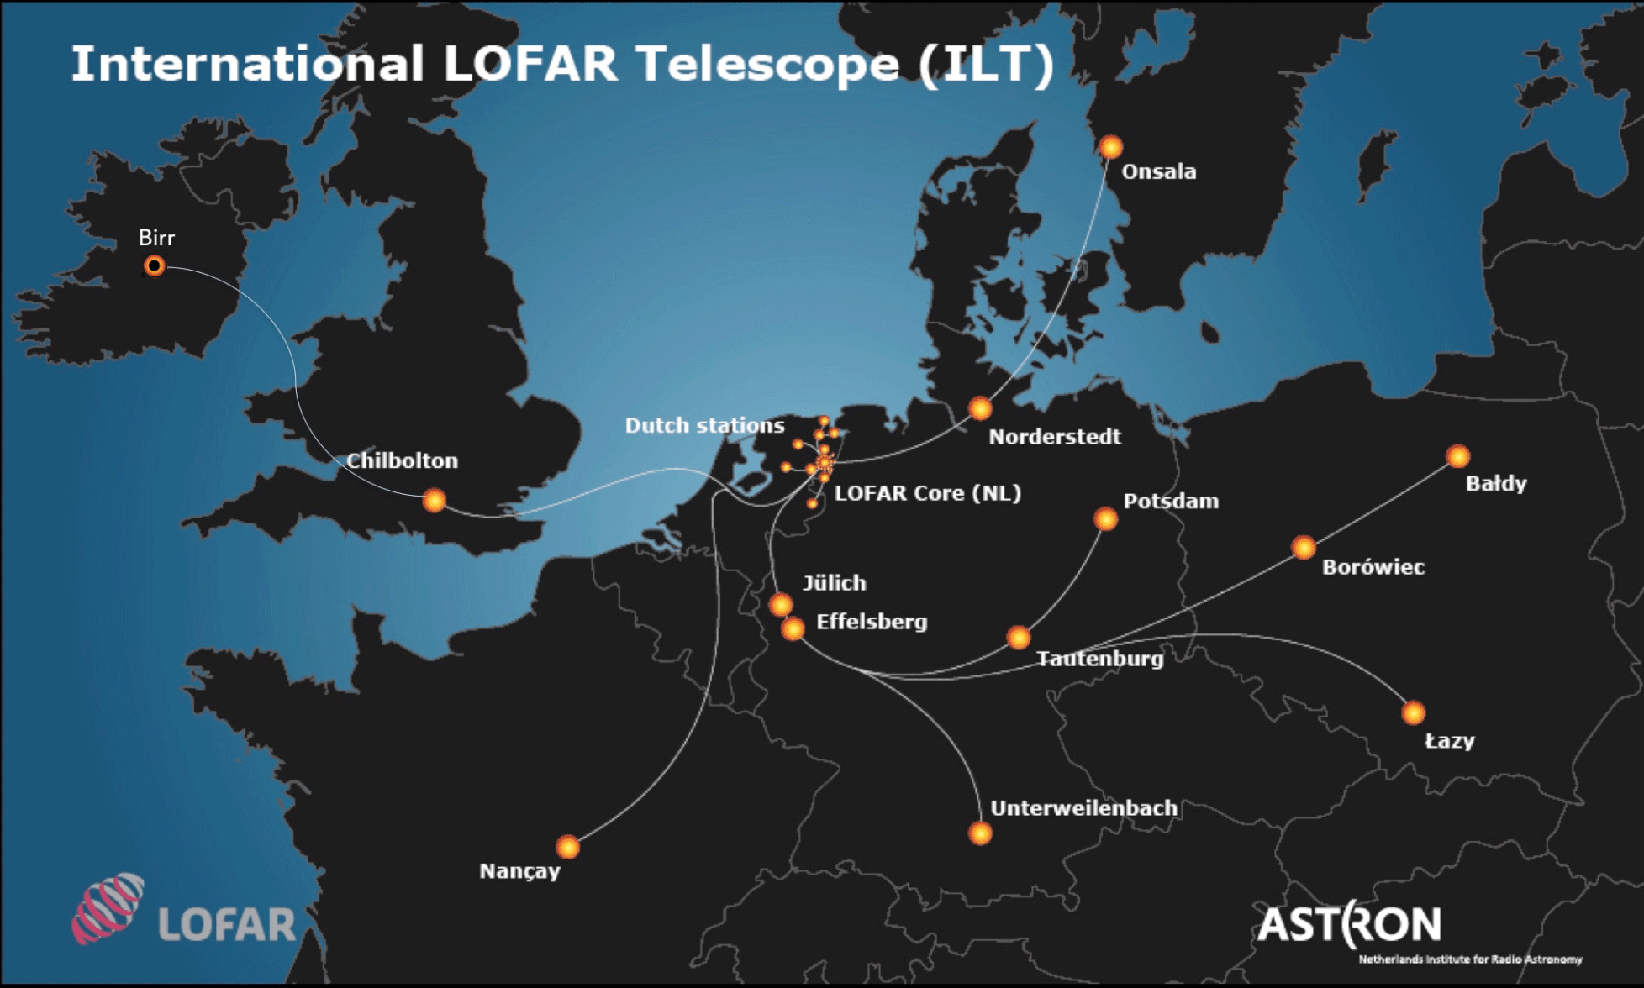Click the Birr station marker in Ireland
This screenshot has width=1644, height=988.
pos(154,266)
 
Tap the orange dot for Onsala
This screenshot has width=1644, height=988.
pos(1110,148)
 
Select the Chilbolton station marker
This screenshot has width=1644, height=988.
pos(434,501)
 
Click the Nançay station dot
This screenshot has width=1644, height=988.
pos(568,846)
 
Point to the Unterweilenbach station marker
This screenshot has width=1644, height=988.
pos(980,833)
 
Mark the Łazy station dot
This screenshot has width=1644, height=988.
pos(1414,713)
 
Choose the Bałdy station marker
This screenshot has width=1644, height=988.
pos(1458,456)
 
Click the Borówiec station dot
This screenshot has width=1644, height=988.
pos(1304,548)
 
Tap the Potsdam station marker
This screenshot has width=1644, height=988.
pos(1105,519)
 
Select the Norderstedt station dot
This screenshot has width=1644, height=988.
pos(980,409)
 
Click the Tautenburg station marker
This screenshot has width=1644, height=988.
pos(1019,638)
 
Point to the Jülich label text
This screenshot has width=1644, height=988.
pos(834,582)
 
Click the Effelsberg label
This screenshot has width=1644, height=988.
pos(872,622)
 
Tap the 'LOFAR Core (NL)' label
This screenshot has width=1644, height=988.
pos(928,493)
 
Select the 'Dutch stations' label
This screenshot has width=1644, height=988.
pos(704,425)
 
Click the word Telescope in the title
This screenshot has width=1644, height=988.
pos(767,64)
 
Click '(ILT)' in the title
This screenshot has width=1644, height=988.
pos(986,64)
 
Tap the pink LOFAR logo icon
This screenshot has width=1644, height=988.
pos(108,908)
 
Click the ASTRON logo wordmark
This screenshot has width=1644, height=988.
pos(1349,925)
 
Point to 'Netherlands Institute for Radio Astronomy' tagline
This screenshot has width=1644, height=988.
pos(1470,959)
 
